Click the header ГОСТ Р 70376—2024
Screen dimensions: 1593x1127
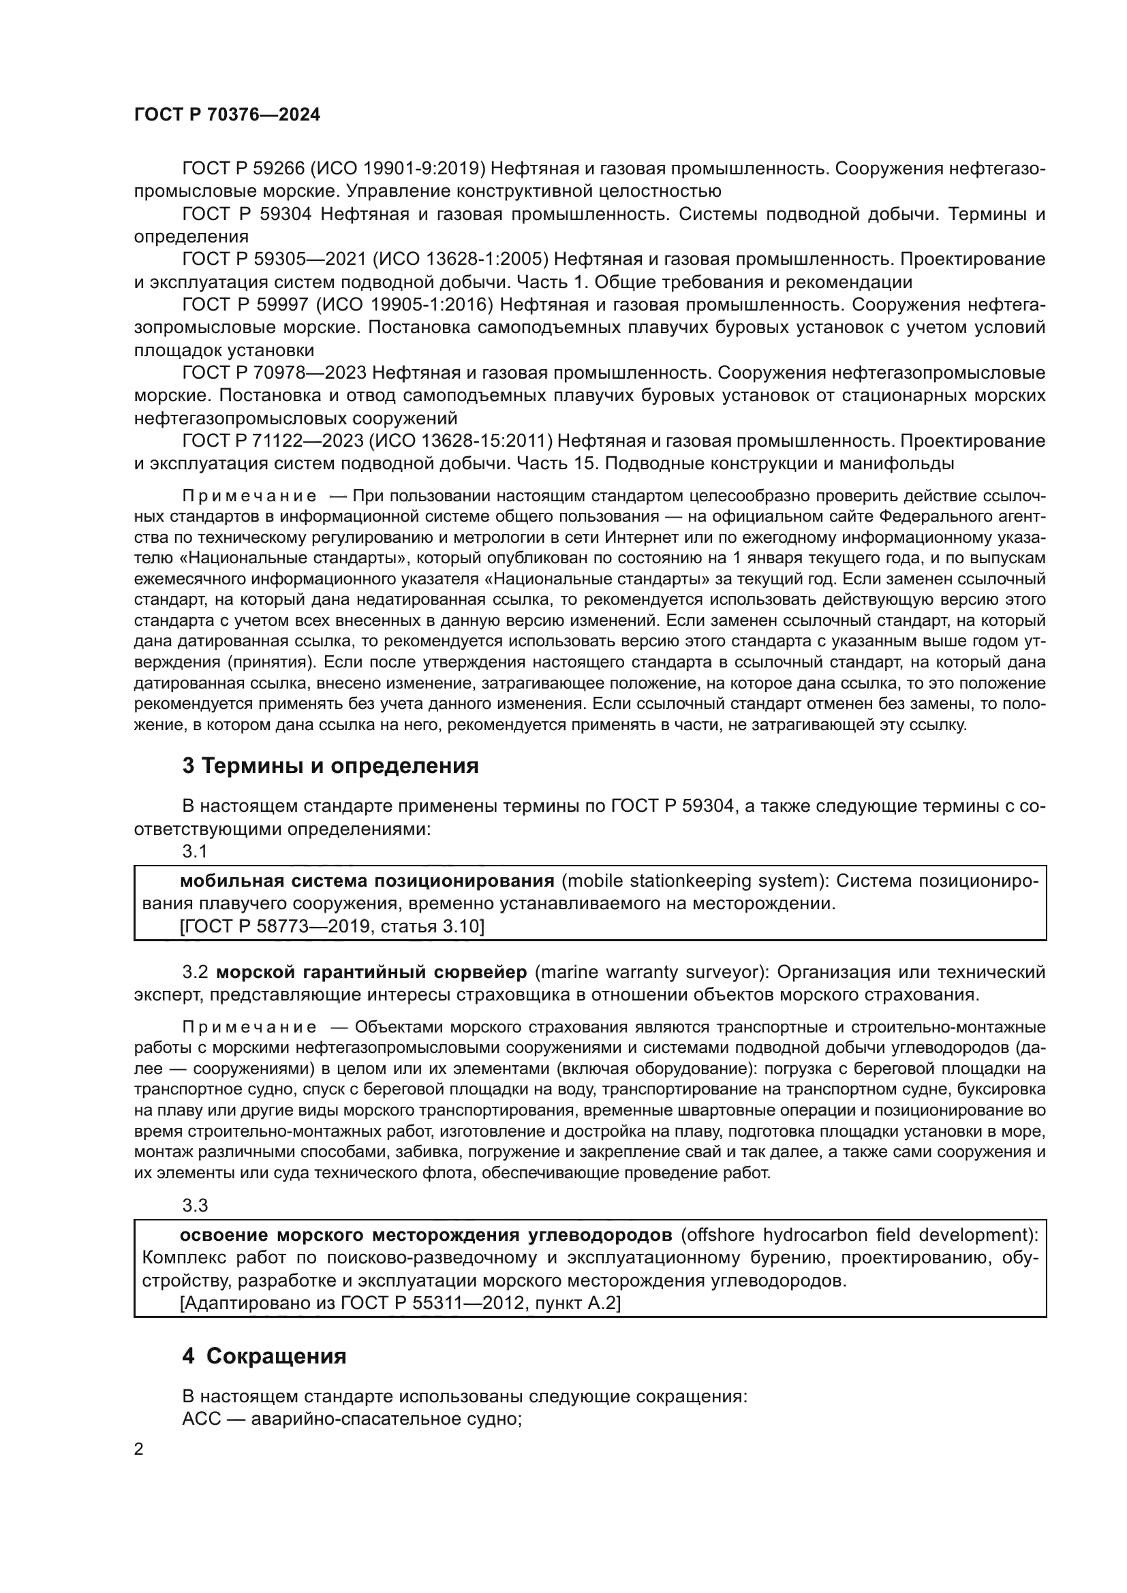(227, 115)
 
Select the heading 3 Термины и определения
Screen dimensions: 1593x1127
(330, 766)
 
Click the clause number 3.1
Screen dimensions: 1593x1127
(195, 851)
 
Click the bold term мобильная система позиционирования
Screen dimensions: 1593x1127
(367, 881)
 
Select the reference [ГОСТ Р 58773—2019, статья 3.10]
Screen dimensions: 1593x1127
(332, 926)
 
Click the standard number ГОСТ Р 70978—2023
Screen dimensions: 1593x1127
(274, 373)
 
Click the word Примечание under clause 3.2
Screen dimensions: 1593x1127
(249, 1027)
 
